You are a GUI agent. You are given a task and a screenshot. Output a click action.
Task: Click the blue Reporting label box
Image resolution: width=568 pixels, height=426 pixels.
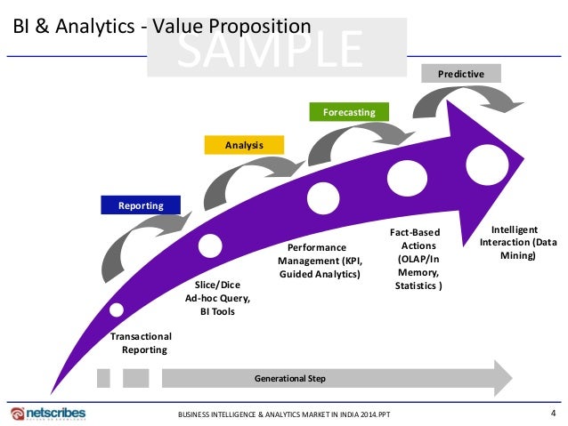[142, 205]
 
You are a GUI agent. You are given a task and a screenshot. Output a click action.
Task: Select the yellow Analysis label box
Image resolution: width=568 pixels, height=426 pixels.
[244, 144]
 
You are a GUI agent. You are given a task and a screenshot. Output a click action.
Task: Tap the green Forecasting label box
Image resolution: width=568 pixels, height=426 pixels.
[349, 112]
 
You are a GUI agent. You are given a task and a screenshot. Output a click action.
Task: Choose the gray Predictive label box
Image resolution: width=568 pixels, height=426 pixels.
[461, 74]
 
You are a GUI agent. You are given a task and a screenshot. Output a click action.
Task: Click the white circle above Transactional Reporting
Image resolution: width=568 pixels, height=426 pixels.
[117, 310]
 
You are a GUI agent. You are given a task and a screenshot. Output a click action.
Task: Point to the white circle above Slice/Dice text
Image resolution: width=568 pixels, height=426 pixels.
[211, 244]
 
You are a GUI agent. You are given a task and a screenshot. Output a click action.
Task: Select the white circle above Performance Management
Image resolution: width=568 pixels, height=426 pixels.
[318, 194]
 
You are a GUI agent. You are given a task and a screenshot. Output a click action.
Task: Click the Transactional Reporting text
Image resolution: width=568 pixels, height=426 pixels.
[140, 342]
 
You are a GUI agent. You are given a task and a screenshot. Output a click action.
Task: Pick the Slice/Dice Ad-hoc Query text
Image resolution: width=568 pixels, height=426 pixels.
[218, 298]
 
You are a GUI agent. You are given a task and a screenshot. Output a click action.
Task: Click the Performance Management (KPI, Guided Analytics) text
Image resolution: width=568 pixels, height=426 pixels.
[319, 260]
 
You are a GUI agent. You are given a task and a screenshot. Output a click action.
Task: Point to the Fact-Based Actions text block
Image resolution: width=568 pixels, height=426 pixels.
[418, 259]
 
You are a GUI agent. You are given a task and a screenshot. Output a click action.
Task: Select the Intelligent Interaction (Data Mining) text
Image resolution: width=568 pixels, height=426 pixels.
[519, 242]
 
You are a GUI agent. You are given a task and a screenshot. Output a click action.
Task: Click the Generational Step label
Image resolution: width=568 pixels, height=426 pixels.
[290, 379]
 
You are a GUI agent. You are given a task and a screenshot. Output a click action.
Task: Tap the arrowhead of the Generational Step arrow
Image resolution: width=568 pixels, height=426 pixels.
[501, 378]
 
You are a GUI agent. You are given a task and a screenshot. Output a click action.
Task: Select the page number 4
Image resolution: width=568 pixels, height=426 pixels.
[553, 412]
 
